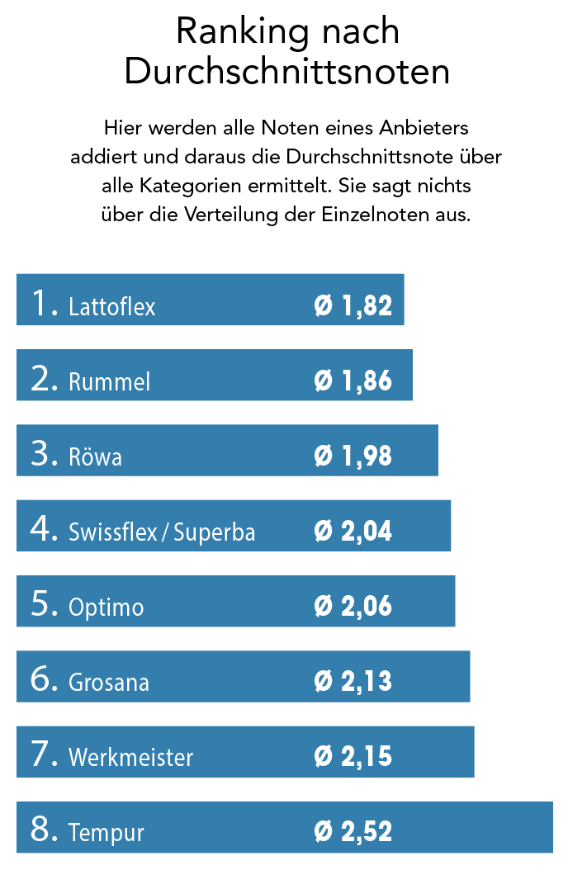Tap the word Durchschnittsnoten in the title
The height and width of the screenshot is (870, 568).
pos(287,73)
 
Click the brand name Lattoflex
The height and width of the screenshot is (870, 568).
pos(112,307)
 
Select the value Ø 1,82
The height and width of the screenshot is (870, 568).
pos(353,306)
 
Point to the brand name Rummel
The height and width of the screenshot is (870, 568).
pos(110,382)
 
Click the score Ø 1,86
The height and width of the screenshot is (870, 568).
pos(353,381)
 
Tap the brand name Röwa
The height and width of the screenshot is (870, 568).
pos(96,457)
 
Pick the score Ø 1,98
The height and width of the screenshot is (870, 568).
pos(353,456)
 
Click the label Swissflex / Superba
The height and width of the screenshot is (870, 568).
pos(162,532)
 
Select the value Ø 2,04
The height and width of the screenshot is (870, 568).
pos(353,532)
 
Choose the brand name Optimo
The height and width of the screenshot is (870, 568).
pos(106,608)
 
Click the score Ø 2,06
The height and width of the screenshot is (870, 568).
pos(353,607)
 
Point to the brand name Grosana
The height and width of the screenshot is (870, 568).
pos(109,683)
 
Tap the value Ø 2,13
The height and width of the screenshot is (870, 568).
pos(353,683)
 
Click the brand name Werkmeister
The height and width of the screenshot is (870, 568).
pos(131,758)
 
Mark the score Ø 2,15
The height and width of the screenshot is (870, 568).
pos(353,758)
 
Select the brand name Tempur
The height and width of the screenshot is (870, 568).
pos(106,834)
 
